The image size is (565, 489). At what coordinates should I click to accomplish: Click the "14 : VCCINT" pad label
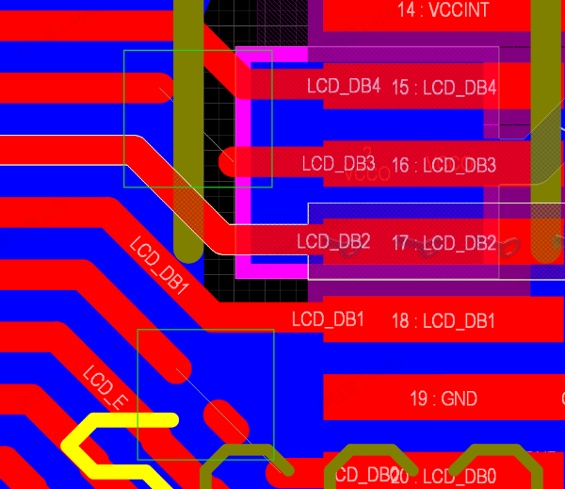[444, 10]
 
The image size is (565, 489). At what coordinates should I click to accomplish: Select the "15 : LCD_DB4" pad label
[444, 88]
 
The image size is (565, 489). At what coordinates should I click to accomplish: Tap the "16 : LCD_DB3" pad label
[444, 166]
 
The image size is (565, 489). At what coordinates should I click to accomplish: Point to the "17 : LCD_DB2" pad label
[444, 243]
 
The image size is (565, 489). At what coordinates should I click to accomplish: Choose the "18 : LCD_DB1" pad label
[444, 321]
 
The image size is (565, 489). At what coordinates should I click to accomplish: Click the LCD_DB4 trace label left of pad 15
[344, 86]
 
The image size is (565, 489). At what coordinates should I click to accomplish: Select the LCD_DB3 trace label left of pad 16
[339, 163]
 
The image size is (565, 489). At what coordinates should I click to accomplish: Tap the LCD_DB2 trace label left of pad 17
[333, 241]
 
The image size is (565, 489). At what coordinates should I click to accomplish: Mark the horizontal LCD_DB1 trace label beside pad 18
[328, 318]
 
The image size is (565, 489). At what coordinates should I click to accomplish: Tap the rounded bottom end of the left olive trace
[188, 249]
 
